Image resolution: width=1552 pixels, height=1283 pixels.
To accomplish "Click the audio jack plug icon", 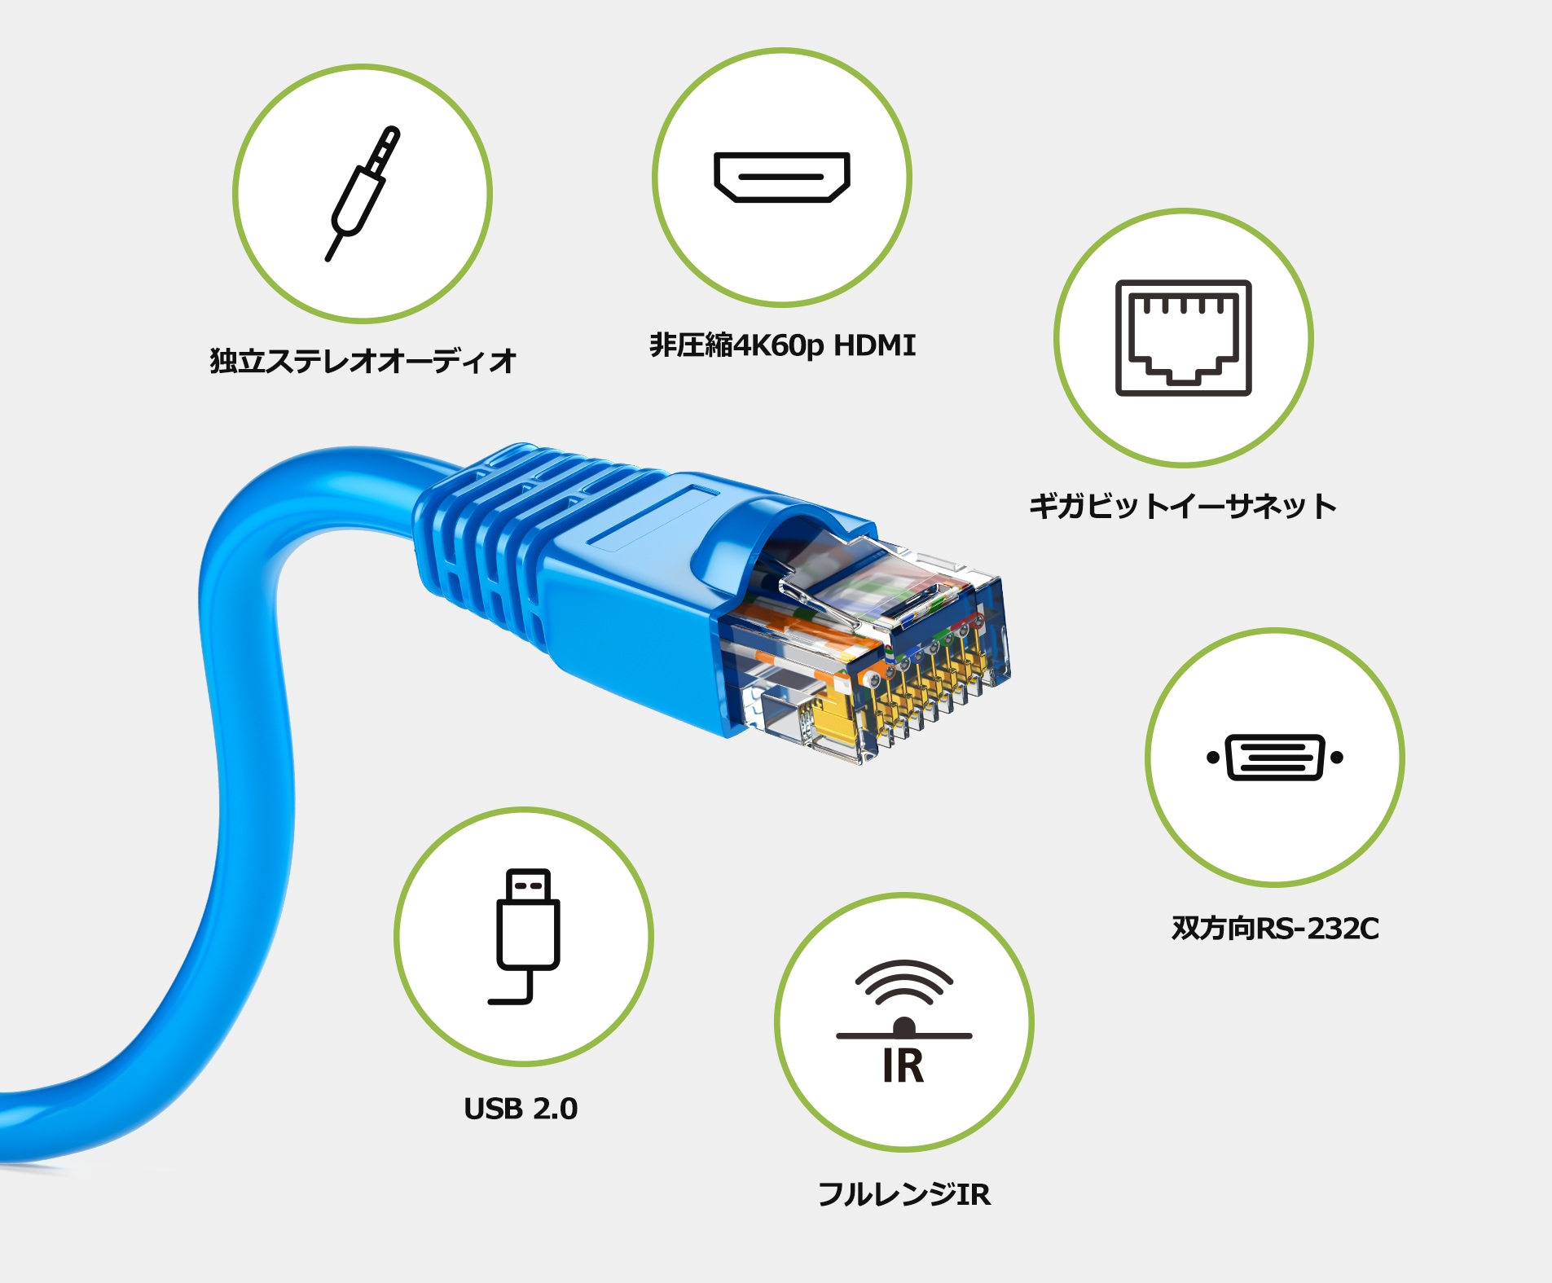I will point(363,194).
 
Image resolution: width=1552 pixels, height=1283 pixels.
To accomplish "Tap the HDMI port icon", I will point(781,177).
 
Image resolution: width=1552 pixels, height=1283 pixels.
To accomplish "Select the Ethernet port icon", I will point(1183,338).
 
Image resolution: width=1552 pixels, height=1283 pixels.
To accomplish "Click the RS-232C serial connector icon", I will point(1274,758).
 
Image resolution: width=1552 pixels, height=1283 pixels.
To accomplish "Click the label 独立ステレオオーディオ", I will point(363,361).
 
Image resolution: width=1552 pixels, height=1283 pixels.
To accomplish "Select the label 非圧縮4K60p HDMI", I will point(782,345).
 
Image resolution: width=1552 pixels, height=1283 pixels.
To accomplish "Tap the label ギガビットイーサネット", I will point(1182,506).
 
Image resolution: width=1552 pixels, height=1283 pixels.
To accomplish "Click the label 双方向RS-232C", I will point(1275,928).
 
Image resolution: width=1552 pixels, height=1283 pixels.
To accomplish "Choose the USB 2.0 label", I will point(521,1109).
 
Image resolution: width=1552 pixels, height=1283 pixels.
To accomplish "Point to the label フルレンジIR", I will point(904,1194).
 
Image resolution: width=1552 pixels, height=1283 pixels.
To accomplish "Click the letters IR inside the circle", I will point(904,1066).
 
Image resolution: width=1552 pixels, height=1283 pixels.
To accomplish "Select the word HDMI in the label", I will point(874,345).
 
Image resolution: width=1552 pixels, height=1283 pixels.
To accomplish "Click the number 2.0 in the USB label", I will point(555,1109).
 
